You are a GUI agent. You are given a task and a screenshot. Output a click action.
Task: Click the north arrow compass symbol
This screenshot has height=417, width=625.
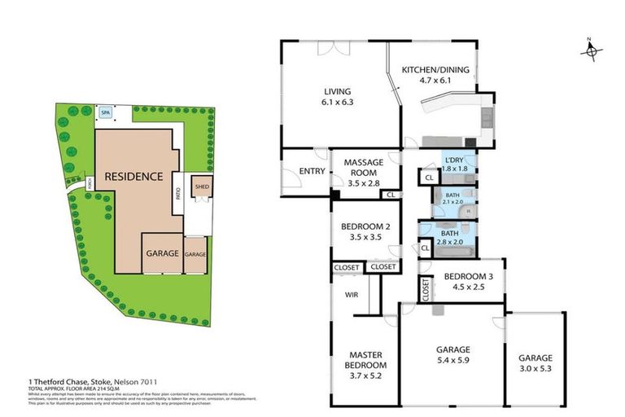[x=592, y=50]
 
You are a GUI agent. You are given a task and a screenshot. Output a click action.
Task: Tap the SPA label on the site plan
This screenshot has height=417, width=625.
[x=105, y=113]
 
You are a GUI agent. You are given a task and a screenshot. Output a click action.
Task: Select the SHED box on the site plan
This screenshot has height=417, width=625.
[x=200, y=188]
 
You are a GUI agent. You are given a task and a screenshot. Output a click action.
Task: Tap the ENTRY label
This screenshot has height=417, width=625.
[x=312, y=171]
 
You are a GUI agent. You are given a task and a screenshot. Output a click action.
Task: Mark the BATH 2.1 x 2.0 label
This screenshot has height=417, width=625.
[x=452, y=196]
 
